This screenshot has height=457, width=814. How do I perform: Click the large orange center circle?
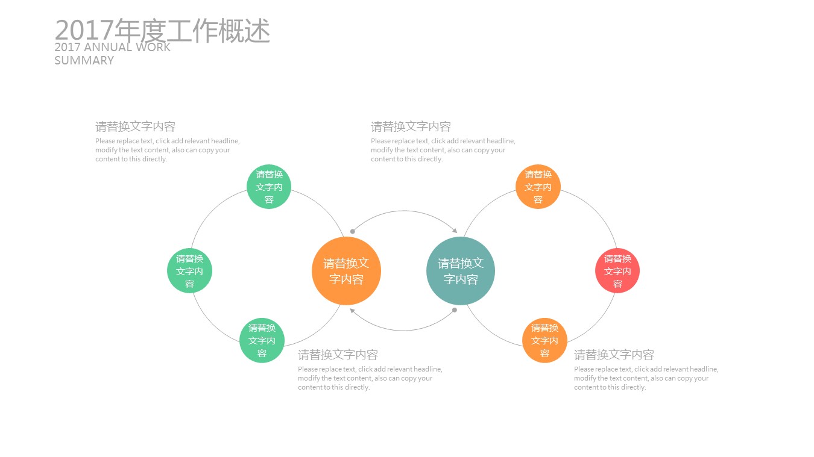click(x=346, y=271)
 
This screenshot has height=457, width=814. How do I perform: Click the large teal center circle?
click(x=461, y=271)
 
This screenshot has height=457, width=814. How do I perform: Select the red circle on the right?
click(x=617, y=271)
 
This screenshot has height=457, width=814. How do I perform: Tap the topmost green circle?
click(x=269, y=187)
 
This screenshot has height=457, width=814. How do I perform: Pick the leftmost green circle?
click(x=189, y=271)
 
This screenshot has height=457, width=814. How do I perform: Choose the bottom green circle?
click(x=262, y=340)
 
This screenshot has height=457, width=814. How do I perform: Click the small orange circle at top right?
click(x=538, y=187)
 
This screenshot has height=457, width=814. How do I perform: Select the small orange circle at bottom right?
click(x=544, y=340)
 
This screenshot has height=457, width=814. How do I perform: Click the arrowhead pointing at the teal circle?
click(x=455, y=231)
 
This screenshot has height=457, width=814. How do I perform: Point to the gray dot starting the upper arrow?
click(x=353, y=231)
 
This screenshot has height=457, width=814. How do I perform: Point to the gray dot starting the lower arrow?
click(x=455, y=310)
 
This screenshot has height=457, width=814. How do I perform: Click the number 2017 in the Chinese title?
click(x=84, y=30)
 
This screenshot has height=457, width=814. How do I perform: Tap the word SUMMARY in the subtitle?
click(x=84, y=60)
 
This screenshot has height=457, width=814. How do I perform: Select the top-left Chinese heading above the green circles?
click(x=135, y=126)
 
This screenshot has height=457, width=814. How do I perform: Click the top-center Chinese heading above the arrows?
click(x=411, y=126)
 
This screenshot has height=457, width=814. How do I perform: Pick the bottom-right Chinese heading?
click(x=614, y=355)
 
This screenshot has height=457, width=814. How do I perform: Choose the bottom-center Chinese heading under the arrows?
click(x=338, y=355)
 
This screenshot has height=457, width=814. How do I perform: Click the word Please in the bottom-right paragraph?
click(x=584, y=369)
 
